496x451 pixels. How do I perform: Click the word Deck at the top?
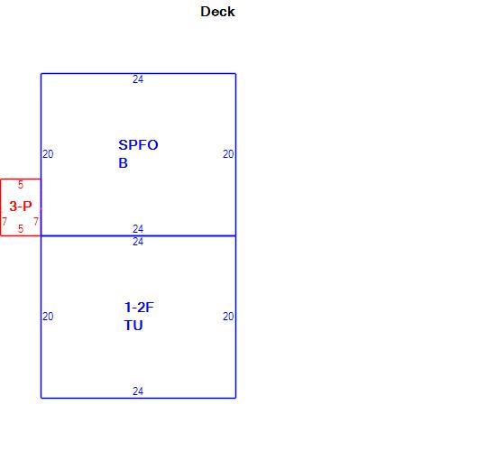(x=217, y=12)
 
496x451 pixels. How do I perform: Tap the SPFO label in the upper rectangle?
(x=138, y=145)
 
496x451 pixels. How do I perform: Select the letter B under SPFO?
(x=123, y=163)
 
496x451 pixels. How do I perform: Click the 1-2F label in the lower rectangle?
(x=139, y=308)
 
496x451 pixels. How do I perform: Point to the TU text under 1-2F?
(x=133, y=326)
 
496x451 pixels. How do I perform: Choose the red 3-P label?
(x=21, y=207)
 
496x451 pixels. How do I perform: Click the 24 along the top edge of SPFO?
(x=138, y=79)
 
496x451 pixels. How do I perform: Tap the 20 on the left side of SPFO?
(x=48, y=154)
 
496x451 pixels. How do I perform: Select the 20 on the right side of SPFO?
(x=228, y=154)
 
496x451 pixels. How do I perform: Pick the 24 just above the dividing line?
(x=138, y=228)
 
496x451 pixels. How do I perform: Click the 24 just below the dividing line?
(x=138, y=242)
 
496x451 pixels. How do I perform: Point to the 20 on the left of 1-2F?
(x=48, y=317)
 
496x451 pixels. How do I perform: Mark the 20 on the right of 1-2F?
(x=228, y=317)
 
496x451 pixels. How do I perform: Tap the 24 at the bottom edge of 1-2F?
(x=138, y=391)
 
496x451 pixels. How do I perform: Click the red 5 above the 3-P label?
(x=21, y=185)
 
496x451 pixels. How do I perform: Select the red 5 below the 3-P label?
(x=21, y=228)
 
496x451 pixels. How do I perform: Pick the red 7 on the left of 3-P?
(x=5, y=221)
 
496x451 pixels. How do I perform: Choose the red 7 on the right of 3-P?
(x=36, y=221)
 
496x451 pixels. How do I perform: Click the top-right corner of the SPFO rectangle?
(x=235, y=74)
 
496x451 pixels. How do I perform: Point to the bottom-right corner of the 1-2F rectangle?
(x=235, y=398)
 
